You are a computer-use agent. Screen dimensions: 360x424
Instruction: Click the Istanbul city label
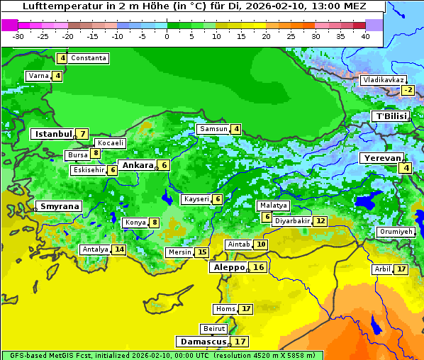53,133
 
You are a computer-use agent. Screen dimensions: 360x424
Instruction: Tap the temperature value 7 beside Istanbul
83,133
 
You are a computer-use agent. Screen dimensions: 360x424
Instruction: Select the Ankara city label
137,165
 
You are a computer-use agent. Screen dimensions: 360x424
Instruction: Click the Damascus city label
203,342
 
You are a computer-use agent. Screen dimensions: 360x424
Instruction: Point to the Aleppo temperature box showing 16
259,267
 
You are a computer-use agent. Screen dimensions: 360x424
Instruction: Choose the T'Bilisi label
391,116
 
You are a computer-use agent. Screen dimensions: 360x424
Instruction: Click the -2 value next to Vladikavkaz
407,90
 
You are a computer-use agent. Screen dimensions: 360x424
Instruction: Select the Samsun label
213,129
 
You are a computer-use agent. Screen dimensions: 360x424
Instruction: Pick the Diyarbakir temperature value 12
320,221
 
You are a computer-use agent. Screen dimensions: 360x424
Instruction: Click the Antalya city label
95,249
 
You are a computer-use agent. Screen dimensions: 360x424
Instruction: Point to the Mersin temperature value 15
202,252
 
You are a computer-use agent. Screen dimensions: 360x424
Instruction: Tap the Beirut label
214,329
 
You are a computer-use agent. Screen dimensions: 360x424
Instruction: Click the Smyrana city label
60,206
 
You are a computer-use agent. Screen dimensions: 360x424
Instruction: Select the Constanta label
89,58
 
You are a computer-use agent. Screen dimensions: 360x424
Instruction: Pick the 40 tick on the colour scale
365,35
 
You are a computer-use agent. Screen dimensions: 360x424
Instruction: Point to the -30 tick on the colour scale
18,35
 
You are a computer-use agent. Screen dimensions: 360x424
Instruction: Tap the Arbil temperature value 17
401,269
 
